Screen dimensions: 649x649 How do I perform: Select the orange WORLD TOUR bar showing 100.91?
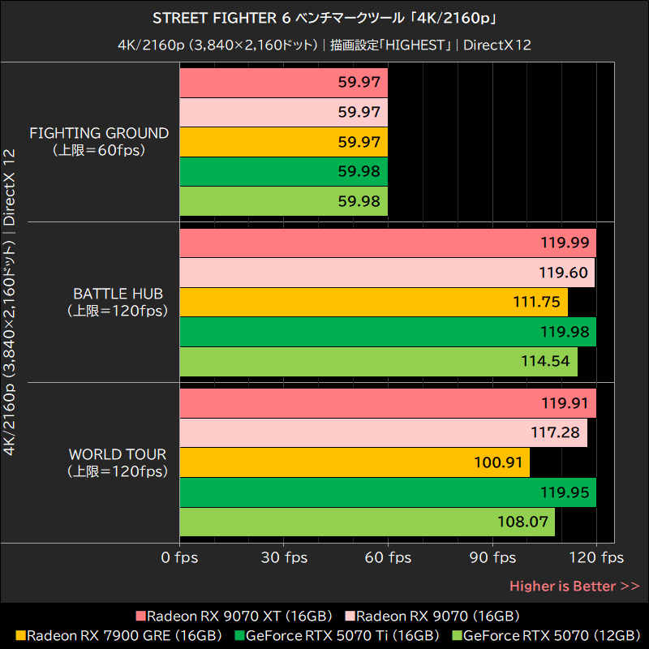coord(354,462)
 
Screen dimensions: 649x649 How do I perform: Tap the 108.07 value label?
coord(523,521)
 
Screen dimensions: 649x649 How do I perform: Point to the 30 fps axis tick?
coord(283,557)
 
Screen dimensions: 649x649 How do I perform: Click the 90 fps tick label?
coord(492,557)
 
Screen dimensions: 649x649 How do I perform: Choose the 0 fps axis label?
coord(179,557)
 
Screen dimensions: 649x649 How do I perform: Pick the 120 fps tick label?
coord(596,557)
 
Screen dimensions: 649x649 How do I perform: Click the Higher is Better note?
coord(574,586)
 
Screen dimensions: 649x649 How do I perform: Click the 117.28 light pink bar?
coord(383,433)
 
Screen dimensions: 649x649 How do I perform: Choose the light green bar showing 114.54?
coord(378,360)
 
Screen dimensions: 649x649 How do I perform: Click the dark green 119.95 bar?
coord(388,492)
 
